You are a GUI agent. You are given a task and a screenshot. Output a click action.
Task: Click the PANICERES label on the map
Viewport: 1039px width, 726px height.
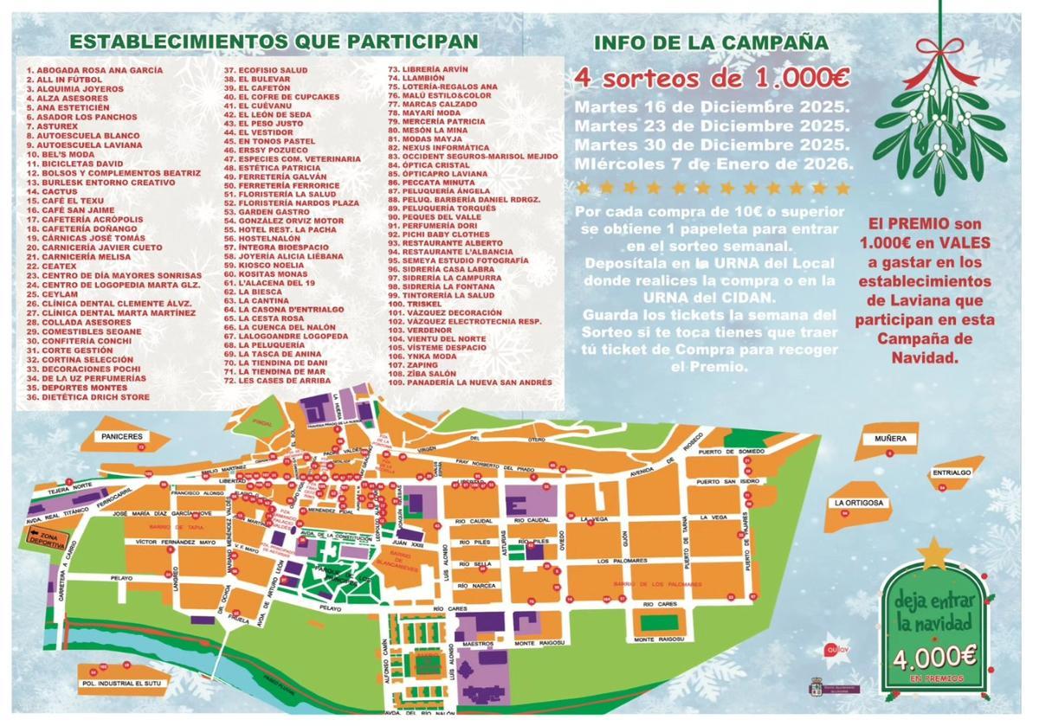(x=121, y=437)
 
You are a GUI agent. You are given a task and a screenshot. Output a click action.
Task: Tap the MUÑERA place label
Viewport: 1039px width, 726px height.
(x=889, y=439)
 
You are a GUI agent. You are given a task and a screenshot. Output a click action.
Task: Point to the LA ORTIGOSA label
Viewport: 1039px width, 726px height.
(x=858, y=503)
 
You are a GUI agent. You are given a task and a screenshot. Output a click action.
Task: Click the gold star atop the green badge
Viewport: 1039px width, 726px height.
(x=934, y=552)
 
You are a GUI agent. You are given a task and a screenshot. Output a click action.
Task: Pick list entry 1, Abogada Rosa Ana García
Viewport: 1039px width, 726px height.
(x=94, y=70)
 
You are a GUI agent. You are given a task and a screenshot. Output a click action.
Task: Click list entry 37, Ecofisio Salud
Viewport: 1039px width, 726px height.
(x=266, y=70)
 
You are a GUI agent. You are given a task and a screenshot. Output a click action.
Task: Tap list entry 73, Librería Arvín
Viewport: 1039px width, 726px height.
(x=428, y=69)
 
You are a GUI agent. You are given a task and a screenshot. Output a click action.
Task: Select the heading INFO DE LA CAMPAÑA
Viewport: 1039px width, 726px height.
(x=711, y=42)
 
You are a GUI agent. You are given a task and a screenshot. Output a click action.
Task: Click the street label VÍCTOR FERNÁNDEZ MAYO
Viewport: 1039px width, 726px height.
(x=175, y=543)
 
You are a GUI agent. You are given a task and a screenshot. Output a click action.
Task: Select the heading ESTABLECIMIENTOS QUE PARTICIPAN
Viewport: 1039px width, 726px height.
(x=274, y=41)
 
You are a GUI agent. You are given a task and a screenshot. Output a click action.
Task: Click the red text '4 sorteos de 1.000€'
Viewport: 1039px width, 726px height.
(x=712, y=78)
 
